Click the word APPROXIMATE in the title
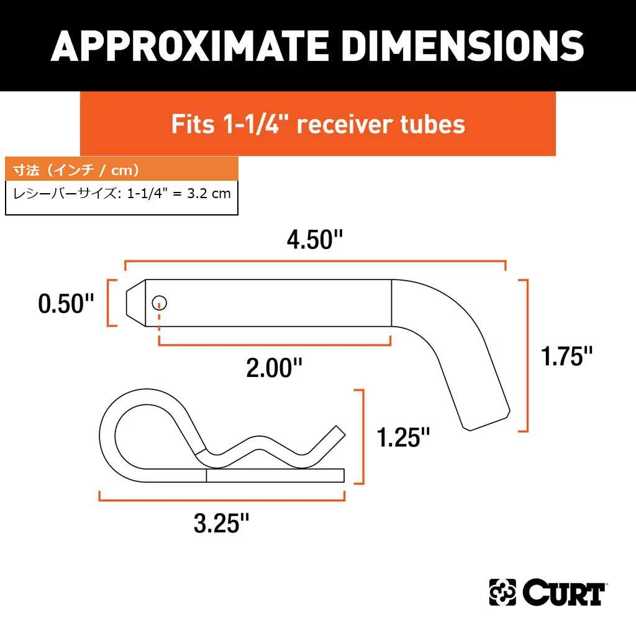pyautogui.click(x=189, y=46)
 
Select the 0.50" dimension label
pyautogui.click(x=66, y=303)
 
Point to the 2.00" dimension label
pyautogui.click(x=274, y=368)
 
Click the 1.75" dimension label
pyautogui.click(x=566, y=356)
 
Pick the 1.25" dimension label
pyautogui.click(x=403, y=437)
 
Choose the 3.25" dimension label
pyautogui.click(x=222, y=523)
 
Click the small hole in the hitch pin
pyautogui.click(x=160, y=302)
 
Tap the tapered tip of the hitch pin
pyautogui.click(x=136, y=302)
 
